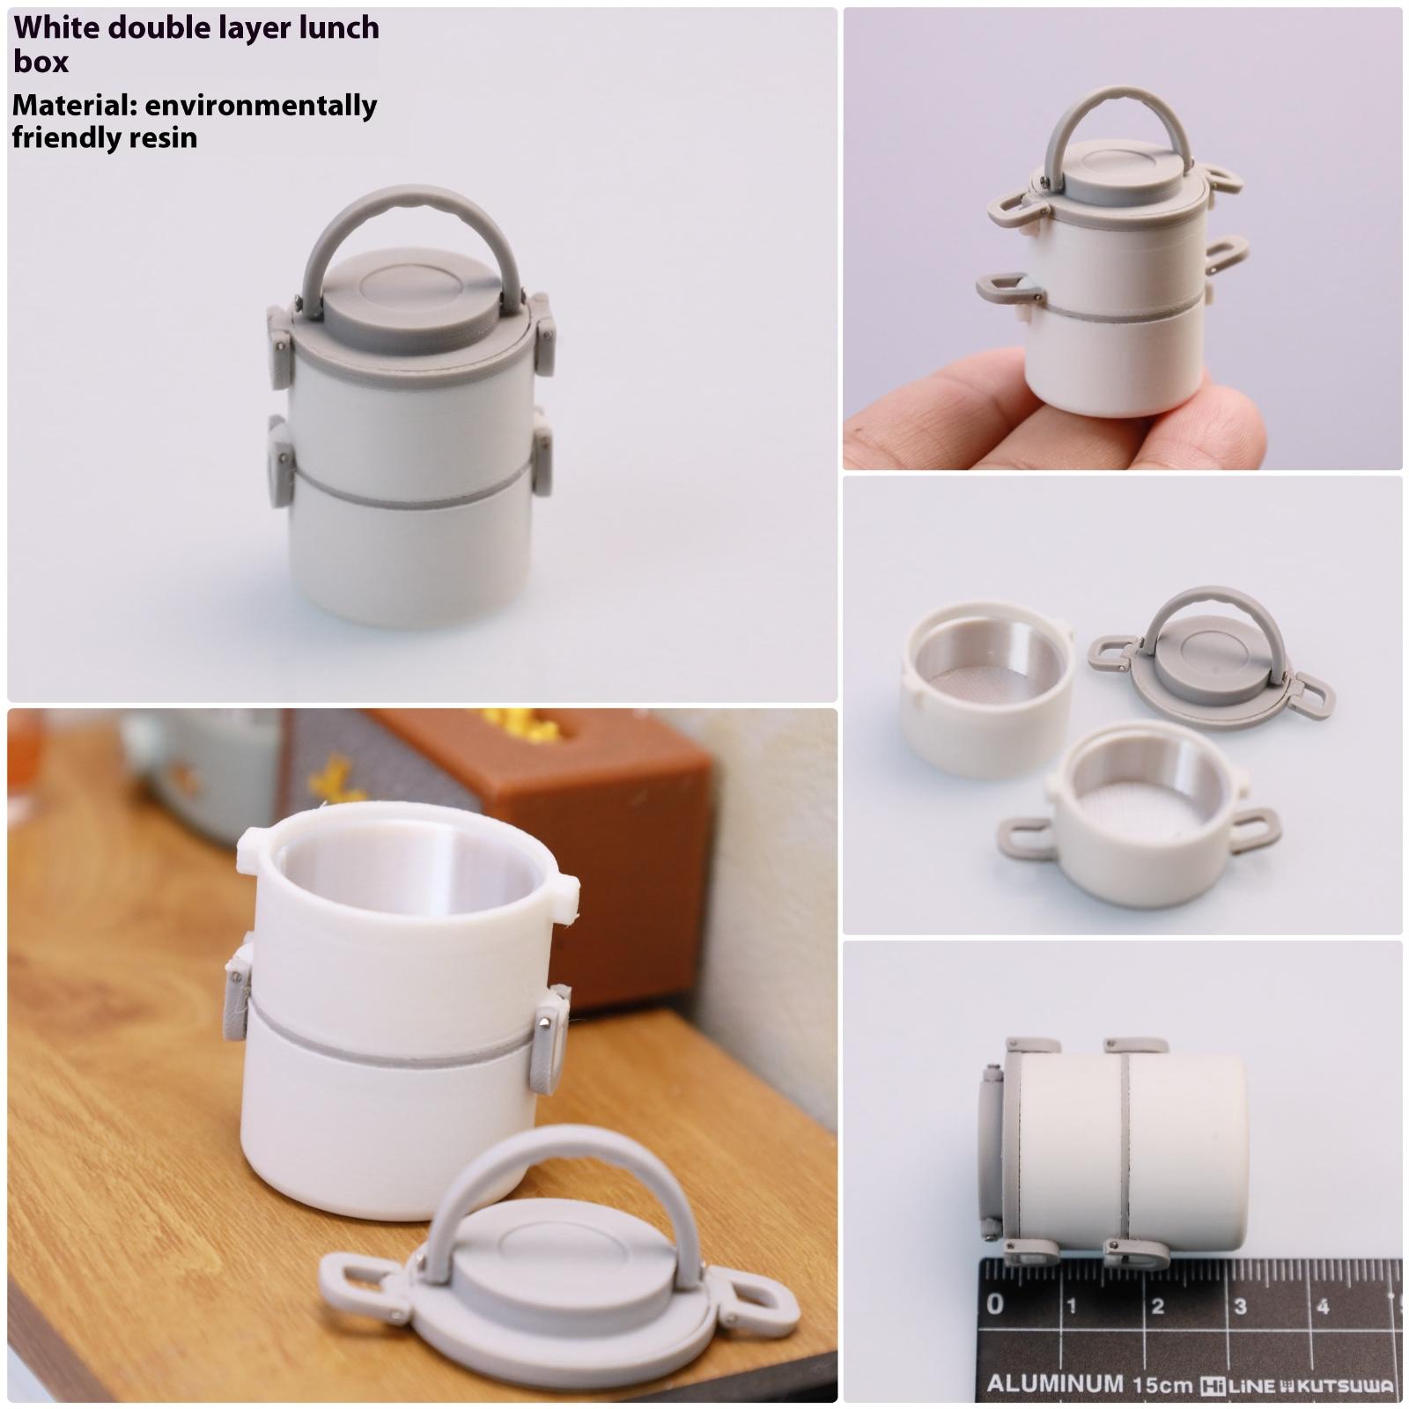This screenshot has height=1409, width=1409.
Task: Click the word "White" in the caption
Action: click(56, 28)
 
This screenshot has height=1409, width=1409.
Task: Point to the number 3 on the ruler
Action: click(1240, 1306)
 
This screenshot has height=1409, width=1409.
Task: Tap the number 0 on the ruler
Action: click(995, 1303)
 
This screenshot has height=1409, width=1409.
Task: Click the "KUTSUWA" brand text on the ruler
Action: click(1352, 1385)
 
